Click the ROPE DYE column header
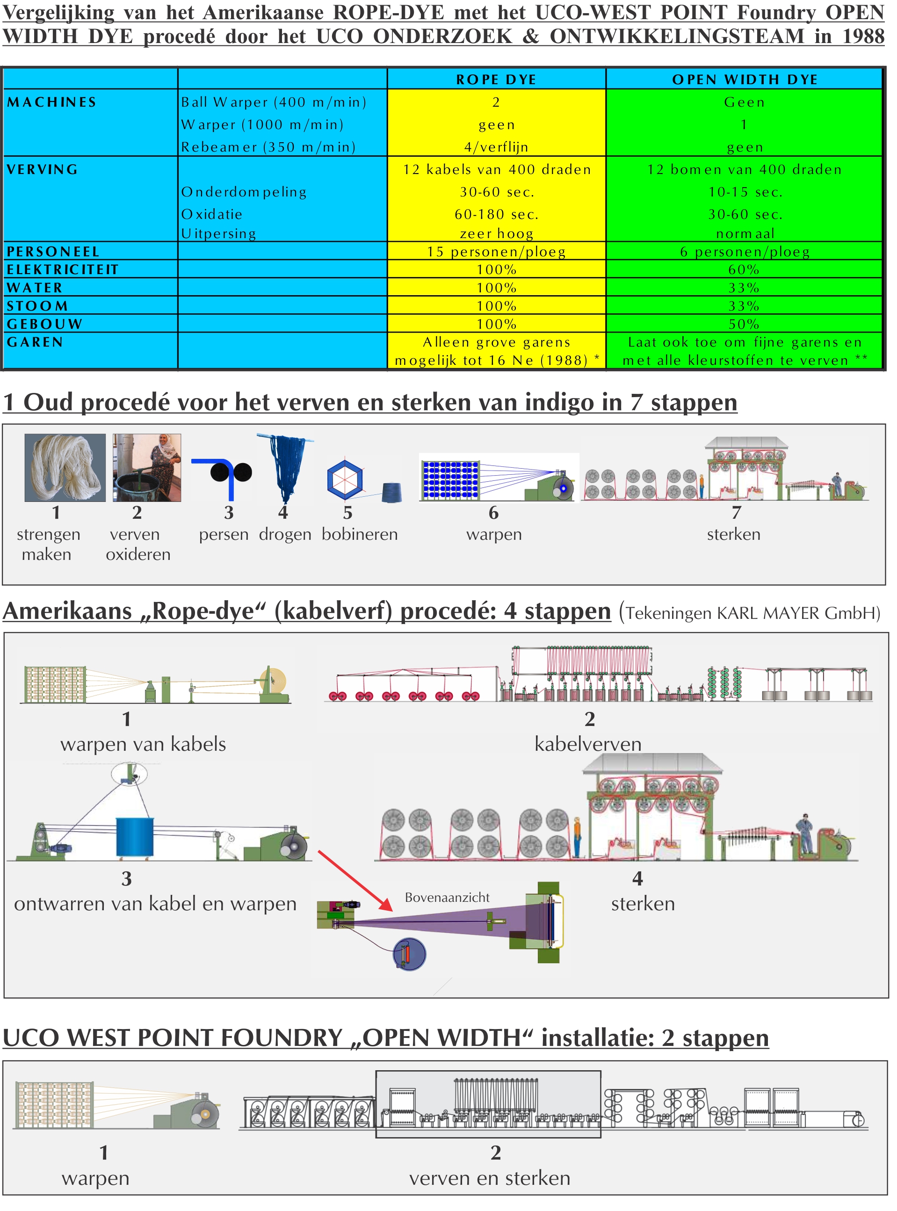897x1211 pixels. (496, 80)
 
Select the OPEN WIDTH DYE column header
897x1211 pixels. (745, 80)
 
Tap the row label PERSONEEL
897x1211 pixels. (53, 252)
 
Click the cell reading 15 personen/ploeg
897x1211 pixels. (496, 252)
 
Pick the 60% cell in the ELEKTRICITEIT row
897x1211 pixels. (744, 269)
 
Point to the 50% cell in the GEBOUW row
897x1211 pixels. (744, 324)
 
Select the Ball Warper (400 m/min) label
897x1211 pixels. (274, 102)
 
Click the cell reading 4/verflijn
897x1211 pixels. (496, 146)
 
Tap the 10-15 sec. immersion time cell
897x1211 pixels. (745, 192)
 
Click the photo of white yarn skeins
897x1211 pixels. (65, 468)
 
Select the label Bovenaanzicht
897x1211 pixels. (447, 897)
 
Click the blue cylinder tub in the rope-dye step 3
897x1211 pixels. (135, 837)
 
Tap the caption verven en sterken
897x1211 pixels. (490, 1178)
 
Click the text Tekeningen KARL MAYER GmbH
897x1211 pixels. (752, 613)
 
